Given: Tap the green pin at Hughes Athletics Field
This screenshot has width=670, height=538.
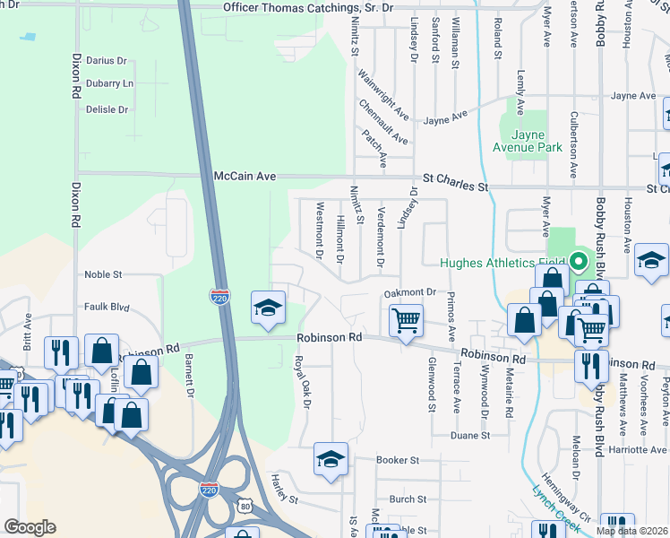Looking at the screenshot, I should coord(578,263).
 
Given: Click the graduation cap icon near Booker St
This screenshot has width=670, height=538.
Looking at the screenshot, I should coord(330,459).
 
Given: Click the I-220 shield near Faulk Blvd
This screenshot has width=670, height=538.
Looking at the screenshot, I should coord(219,297).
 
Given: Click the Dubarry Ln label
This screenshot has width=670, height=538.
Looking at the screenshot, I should coord(109,83).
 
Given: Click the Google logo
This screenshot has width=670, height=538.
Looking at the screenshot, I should coord(30,527).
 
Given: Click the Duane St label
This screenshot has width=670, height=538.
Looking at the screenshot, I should coord(470,435).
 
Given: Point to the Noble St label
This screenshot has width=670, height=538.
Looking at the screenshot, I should coord(103,274).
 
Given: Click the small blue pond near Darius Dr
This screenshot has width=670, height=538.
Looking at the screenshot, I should coord(29,38).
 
